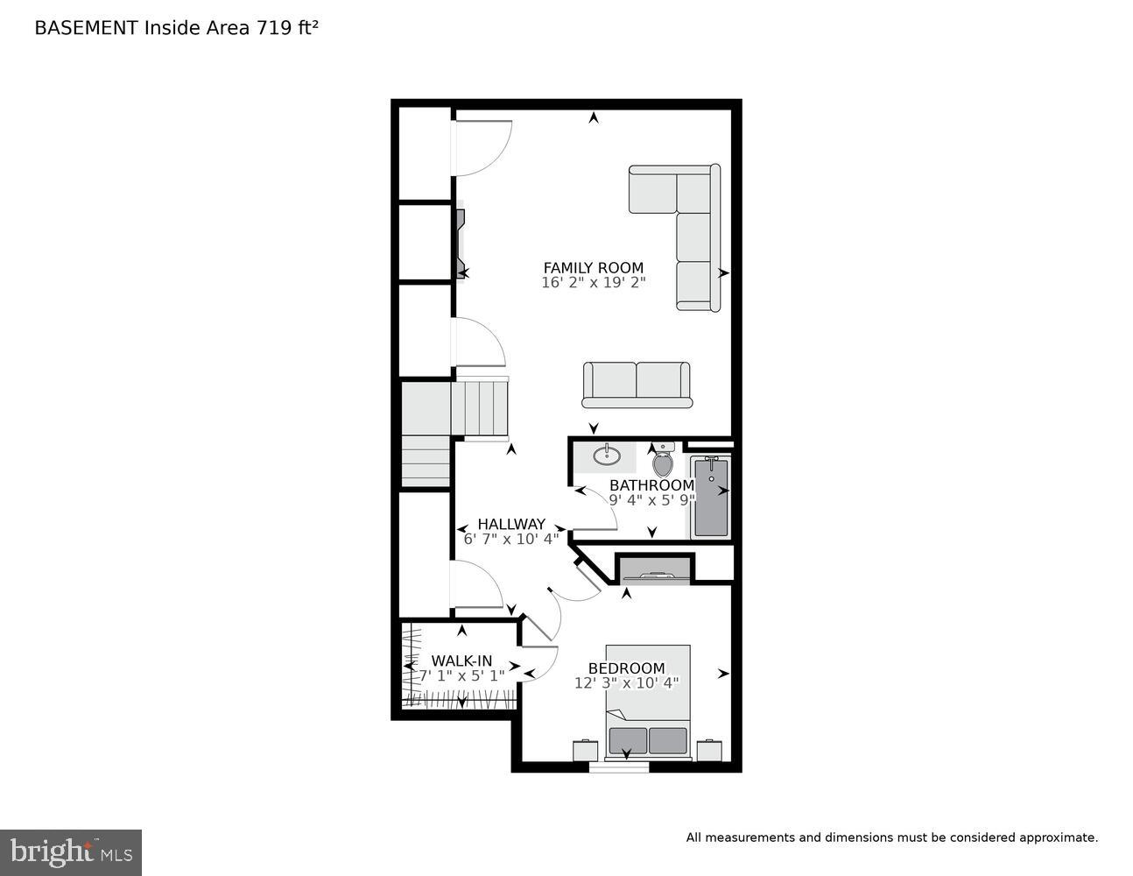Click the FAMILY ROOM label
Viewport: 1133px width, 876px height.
tap(593, 268)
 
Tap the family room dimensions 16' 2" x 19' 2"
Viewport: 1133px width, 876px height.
tap(593, 283)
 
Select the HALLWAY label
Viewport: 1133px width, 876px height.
tap(510, 524)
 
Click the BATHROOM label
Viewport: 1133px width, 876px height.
tap(651, 485)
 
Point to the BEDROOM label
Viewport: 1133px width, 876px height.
tap(626, 668)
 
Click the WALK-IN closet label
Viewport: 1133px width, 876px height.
tap(461, 661)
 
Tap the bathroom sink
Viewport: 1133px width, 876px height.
tap(606, 456)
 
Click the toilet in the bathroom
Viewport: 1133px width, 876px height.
tap(663, 462)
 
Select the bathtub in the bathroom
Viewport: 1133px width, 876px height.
tap(710, 497)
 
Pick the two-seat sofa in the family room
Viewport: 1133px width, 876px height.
tap(637, 385)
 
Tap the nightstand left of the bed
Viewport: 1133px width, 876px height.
tap(585, 751)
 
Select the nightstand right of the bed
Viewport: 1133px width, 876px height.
tap(709, 751)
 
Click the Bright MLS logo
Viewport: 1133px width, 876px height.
tap(71, 851)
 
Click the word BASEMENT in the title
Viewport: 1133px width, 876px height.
tap(86, 28)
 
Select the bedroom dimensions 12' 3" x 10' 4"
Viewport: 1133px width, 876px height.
tap(626, 683)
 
